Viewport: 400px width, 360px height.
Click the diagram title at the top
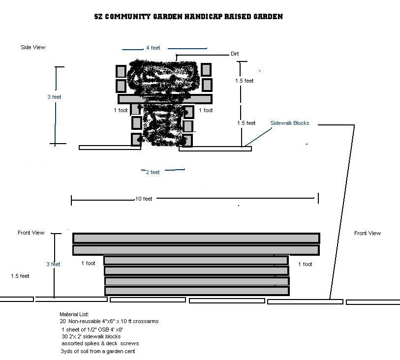click(x=188, y=17)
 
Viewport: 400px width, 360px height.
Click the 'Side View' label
click(x=33, y=47)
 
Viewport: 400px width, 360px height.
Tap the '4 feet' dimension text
click(x=153, y=48)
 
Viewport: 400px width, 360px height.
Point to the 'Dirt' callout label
click(x=235, y=54)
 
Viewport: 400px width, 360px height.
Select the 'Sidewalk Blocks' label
click(x=289, y=123)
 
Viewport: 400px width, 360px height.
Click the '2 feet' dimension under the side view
click(x=153, y=172)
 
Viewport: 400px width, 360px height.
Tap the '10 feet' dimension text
click(x=144, y=199)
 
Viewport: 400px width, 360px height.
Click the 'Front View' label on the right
click(x=368, y=233)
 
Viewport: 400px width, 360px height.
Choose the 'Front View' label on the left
click(x=31, y=233)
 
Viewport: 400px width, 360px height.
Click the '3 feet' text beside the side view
click(x=54, y=97)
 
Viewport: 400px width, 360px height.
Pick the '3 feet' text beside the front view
click(x=53, y=264)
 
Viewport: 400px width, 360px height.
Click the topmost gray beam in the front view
click(x=196, y=238)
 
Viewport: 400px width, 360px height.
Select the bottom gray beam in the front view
click(x=197, y=291)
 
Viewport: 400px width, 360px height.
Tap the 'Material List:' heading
click(x=74, y=314)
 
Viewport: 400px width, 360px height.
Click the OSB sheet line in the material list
click(x=92, y=330)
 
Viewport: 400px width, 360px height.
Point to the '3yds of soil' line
click(x=98, y=351)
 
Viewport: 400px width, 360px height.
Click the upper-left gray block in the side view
click(x=121, y=71)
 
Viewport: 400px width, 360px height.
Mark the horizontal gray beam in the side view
click(x=165, y=99)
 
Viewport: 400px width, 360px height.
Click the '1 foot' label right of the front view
click(x=305, y=264)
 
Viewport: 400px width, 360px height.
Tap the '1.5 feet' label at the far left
click(x=20, y=276)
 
